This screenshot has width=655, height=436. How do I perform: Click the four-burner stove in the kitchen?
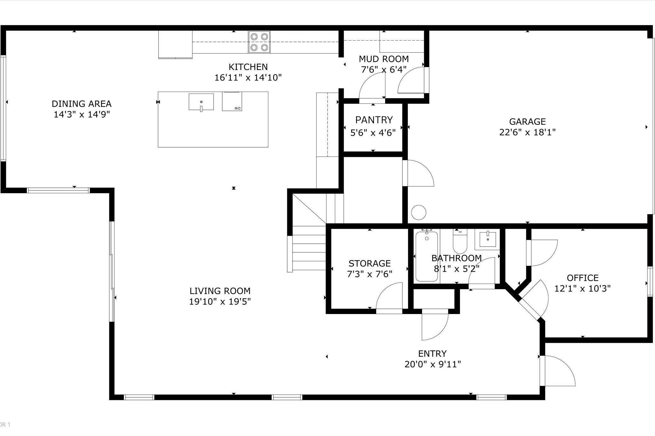click(x=259, y=42)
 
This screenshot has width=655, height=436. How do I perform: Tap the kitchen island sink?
click(x=201, y=102)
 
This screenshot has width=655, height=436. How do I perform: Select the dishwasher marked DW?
click(x=232, y=102)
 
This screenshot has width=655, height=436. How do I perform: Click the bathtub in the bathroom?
click(x=426, y=256)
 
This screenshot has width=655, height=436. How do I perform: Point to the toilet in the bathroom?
click(x=460, y=241)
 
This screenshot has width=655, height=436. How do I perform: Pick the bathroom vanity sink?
click(x=487, y=240)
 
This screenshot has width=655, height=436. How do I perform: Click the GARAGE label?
click(x=527, y=122)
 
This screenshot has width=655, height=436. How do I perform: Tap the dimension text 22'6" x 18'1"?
click(x=527, y=132)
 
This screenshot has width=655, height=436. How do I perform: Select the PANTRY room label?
click(x=374, y=120)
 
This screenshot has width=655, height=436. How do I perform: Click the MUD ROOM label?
click(x=383, y=59)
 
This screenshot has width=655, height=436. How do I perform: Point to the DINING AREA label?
click(x=82, y=104)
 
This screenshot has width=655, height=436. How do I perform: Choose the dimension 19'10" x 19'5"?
click(x=220, y=302)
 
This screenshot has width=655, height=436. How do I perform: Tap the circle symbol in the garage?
click(x=418, y=212)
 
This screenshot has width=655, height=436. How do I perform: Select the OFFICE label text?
click(x=582, y=278)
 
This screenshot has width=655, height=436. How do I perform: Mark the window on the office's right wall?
click(x=650, y=281)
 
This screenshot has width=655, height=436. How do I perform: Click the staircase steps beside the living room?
click(x=309, y=252)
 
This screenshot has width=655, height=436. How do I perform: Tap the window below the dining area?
click(x=58, y=191)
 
